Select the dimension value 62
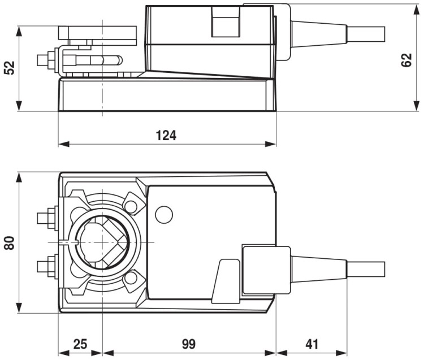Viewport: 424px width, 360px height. tap(406, 57)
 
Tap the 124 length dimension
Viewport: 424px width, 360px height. tap(166, 136)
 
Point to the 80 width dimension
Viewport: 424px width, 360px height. tap(9, 243)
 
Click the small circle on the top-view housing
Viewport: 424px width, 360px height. tap(163, 214)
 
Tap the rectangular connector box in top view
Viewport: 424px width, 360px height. tap(266, 270)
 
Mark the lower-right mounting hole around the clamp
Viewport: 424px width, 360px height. tap(132, 278)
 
